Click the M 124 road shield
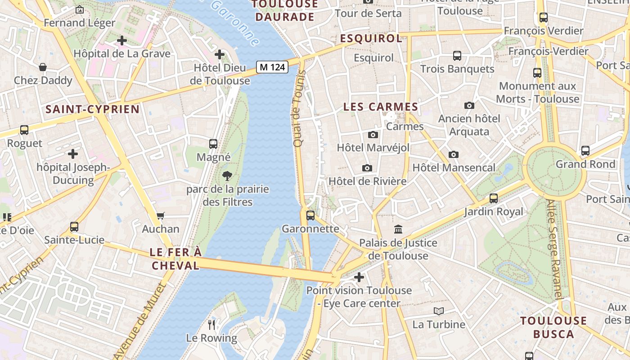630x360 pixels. tap(272, 67)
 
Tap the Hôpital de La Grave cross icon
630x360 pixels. tap(121, 40)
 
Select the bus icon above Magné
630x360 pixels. tap(213, 144)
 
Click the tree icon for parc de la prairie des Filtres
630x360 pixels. tap(227, 176)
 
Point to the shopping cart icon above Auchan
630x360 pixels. tap(160, 216)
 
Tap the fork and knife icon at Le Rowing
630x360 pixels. tap(211, 324)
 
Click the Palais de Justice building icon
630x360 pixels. tap(398, 229)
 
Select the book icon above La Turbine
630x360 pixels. tap(439, 311)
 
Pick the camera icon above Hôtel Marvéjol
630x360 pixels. tap(373, 135)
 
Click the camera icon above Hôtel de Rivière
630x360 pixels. tap(367, 168)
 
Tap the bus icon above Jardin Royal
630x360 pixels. tap(494, 198)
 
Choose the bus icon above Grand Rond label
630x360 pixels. tap(585, 151)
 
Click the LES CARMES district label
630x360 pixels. tap(381, 107)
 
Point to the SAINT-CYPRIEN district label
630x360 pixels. tap(92, 109)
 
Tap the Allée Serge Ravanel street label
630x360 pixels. tap(554, 249)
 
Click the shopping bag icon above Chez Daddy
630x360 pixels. tap(43, 67)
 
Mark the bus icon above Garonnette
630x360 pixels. tap(310, 215)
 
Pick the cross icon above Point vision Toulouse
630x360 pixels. tap(359, 277)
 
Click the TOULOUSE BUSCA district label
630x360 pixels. tap(553, 327)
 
